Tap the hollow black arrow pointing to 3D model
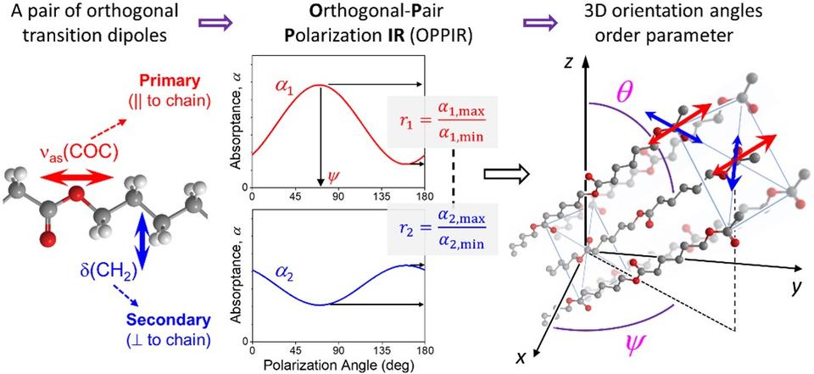(507, 176)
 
